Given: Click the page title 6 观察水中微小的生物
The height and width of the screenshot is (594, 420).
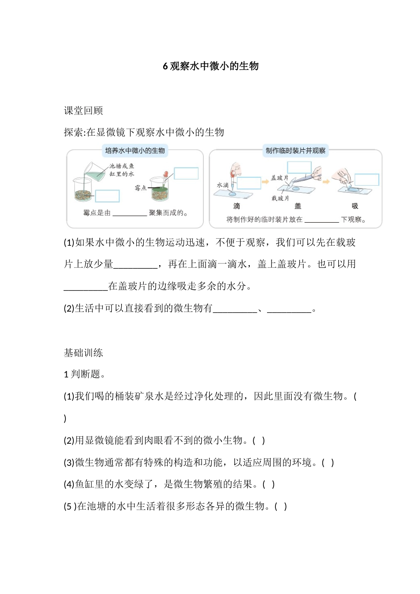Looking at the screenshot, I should (210, 66).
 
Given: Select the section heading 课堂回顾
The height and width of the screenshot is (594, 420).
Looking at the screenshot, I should (84, 111).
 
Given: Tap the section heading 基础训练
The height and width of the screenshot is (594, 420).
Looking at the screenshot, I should (84, 353).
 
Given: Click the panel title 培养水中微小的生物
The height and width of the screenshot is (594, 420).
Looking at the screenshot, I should (135, 151).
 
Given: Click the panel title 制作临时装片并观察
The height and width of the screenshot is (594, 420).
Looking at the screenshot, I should (295, 151).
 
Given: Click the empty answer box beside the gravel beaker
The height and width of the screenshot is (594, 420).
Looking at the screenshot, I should (107, 196).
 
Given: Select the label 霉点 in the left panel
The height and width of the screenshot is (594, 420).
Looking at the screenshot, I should (141, 188).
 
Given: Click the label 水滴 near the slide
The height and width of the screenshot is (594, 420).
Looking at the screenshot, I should (222, 185).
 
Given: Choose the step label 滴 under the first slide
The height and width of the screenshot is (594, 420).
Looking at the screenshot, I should (237, 206).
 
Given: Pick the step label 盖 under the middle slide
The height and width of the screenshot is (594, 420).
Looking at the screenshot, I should (298, 206).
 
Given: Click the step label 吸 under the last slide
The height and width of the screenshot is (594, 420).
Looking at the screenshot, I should (355, 206).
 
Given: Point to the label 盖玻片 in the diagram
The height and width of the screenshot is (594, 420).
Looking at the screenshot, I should (279, 178).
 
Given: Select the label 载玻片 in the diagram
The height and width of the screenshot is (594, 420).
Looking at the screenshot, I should (280, 198).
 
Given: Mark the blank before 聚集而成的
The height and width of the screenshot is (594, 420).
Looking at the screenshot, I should (130, 213).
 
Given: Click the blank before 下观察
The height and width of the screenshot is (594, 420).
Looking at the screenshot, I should (321, 219).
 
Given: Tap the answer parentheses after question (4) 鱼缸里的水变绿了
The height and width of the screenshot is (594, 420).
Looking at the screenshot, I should (269, 484).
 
